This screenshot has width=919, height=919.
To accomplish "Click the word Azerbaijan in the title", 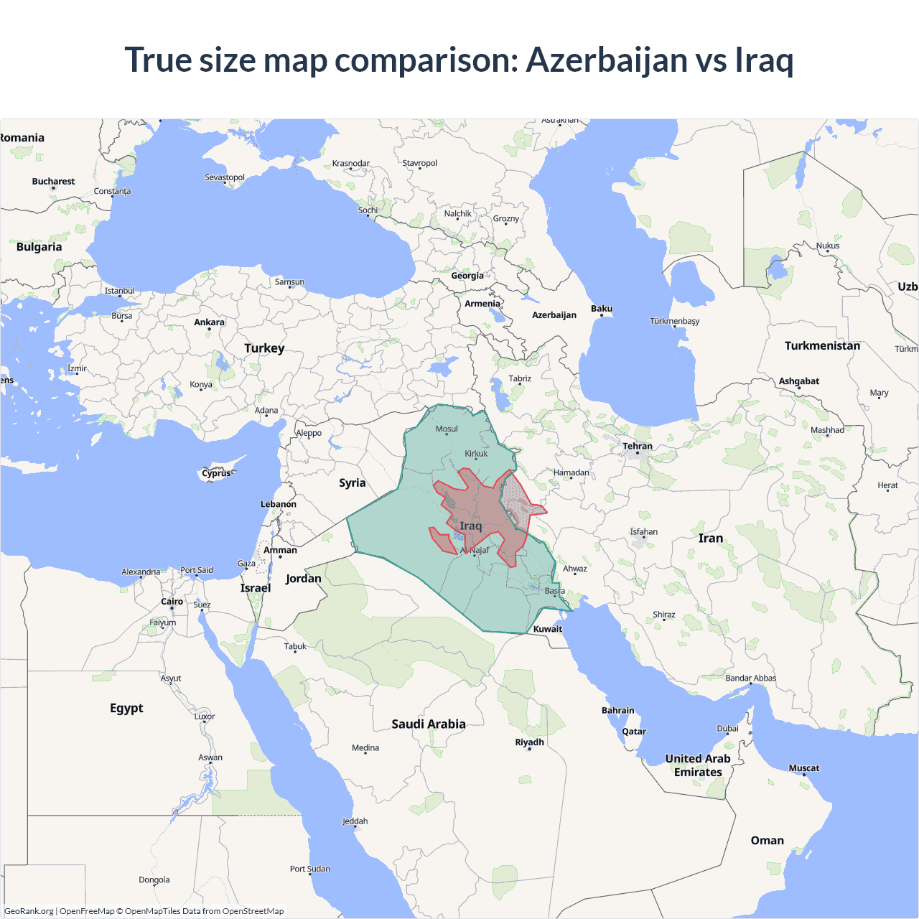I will (607, 60).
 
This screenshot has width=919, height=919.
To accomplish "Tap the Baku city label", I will (602, 309).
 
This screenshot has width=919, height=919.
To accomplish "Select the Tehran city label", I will (638, 446).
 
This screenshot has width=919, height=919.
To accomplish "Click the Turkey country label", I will (264, 348).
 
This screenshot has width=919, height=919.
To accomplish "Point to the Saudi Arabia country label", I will (429, 724).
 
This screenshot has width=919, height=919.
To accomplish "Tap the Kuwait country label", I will (548, 629).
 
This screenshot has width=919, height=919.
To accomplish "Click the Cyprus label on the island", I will (216, 473).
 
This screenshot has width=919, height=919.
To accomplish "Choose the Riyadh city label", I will (530, 742).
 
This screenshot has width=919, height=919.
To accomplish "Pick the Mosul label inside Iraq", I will (447, 429).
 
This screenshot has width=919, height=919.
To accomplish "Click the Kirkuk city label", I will (476, 453).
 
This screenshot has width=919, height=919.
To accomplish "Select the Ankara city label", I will (210, 322).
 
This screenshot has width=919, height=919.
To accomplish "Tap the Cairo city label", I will (172, 602).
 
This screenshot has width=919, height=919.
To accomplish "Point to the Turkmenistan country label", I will (822, 346).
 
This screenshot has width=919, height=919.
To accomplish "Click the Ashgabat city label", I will (799, 381).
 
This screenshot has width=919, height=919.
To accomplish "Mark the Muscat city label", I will (804, 768).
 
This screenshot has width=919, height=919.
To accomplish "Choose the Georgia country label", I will (467, 276).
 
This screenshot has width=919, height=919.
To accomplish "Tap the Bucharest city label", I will (53, 182).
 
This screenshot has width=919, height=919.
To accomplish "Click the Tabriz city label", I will (520, 378).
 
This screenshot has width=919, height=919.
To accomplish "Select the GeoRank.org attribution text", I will (29, 911).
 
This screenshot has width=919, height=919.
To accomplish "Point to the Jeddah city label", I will (355, 821).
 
